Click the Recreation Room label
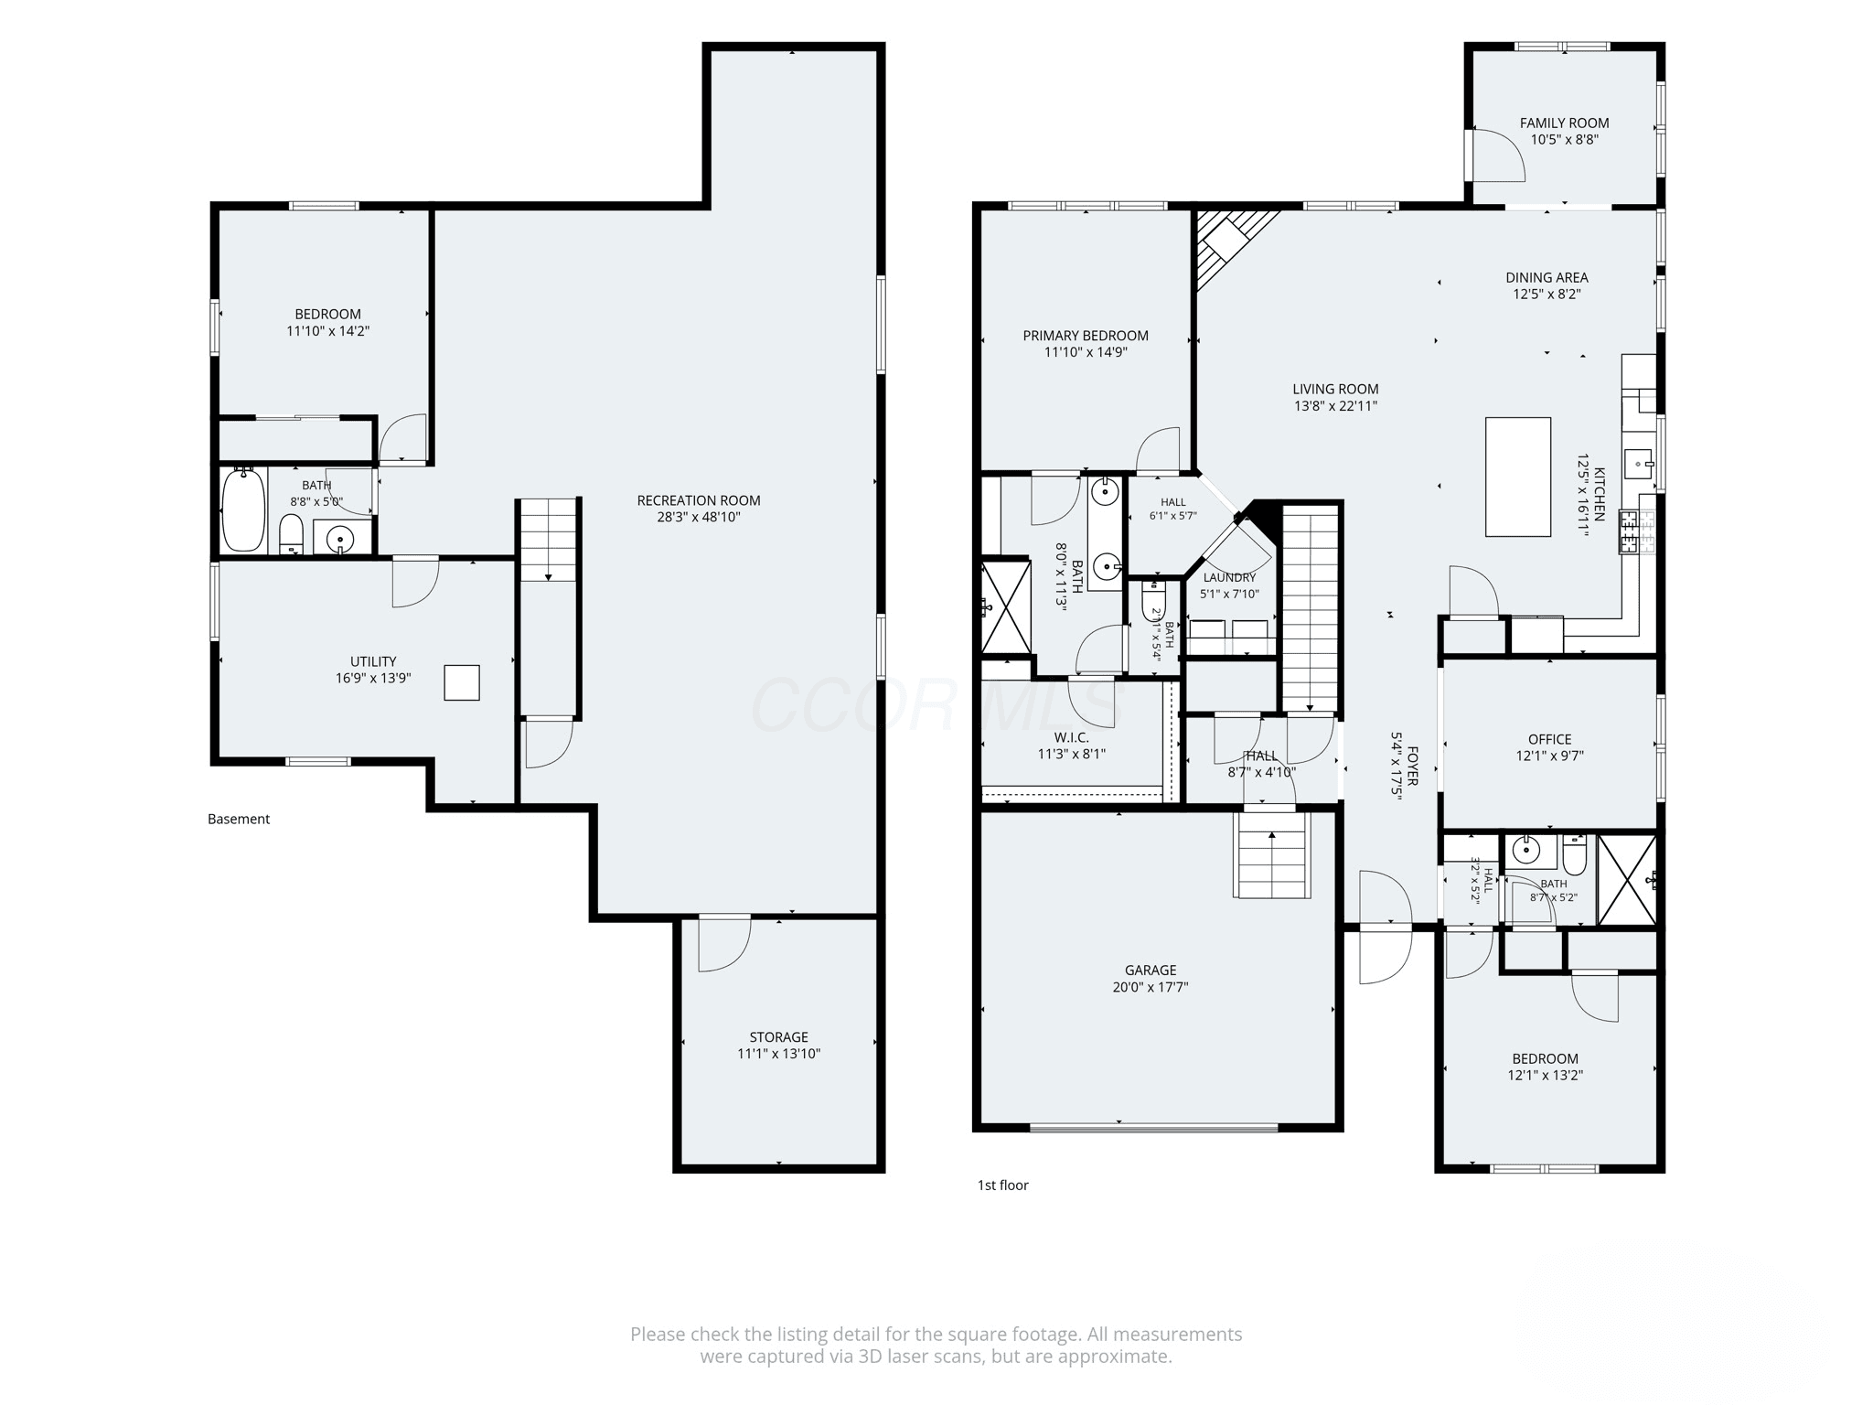pos(699,500)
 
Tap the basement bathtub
pos(243,509)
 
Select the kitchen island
pos(1518,477)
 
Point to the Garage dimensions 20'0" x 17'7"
pos(1151,987)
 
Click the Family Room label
pos(1565,123)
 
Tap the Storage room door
pos(725,943)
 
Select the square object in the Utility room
pos(462,682)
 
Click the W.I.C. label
pos(1072,737)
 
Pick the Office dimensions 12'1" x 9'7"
pos(1550,756)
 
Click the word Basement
pos(239,819)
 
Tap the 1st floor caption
pos(1003,1185)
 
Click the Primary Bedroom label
pos(1086,336)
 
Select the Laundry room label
pos(1230,577)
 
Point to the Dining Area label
pos(1547,277)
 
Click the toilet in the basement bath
pos(291,534)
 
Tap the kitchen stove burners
pos(1630,532)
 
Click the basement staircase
pos(549,540)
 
